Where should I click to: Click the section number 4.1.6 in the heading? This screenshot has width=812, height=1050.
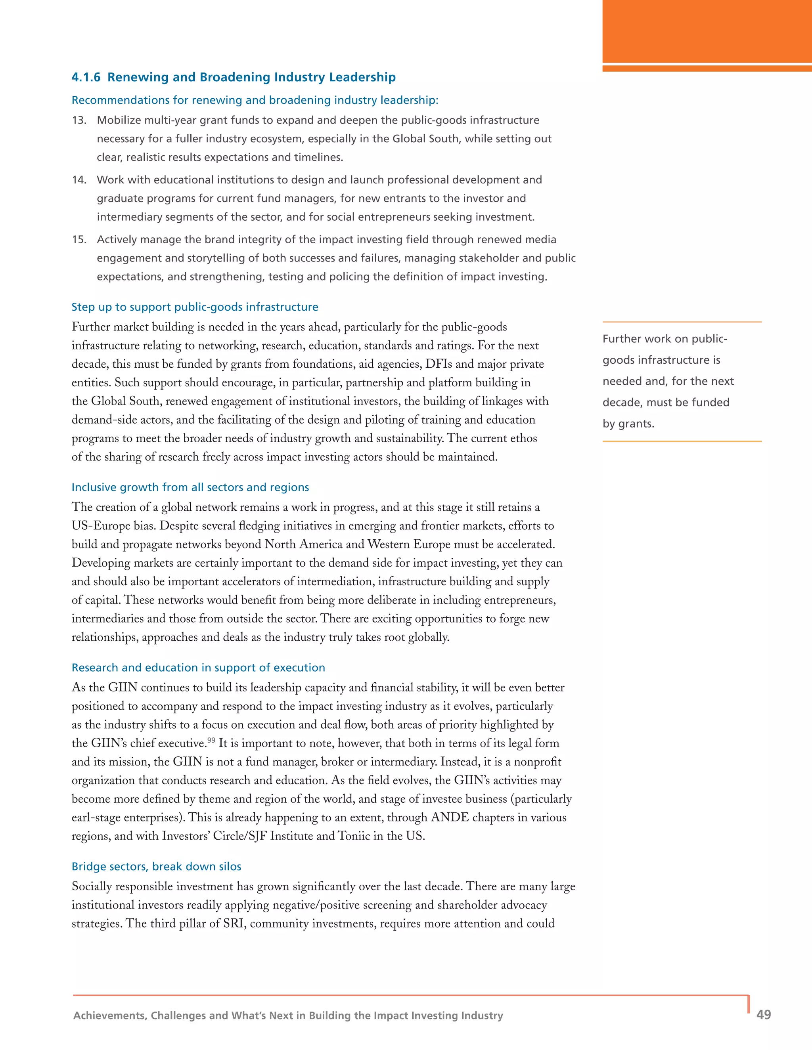[86, 77]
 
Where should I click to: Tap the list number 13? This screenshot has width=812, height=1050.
[79, 120]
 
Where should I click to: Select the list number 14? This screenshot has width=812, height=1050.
[79, 180]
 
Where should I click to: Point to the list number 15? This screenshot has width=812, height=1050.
[79, 239]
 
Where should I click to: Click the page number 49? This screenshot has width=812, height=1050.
[763, 1014]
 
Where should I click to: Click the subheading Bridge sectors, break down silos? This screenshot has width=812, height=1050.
[156, 866]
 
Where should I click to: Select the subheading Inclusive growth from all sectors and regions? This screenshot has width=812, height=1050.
[190, 487]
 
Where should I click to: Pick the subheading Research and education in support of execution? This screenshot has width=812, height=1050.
[198, 667]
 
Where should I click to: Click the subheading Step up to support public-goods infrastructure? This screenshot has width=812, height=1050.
[195, 307]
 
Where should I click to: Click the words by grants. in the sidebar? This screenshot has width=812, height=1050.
[628, 424]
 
